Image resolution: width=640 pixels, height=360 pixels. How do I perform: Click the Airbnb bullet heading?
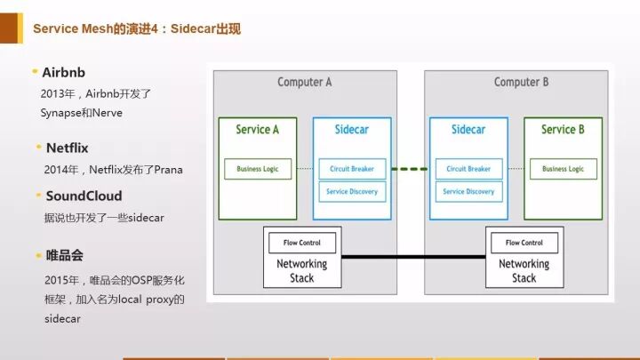63,71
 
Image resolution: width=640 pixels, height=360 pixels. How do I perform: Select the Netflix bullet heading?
68,147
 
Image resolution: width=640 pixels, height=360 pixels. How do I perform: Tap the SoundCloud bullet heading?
84,196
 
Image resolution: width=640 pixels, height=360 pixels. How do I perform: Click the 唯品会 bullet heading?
65,255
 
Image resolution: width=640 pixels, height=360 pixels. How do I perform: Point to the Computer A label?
305,83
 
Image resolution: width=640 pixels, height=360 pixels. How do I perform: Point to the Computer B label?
522,83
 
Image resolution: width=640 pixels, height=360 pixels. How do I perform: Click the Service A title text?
258,130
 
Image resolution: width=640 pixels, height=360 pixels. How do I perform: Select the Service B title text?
563,130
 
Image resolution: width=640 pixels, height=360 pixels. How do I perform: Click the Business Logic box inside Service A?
258,169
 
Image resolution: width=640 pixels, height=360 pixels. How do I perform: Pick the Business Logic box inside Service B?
563,169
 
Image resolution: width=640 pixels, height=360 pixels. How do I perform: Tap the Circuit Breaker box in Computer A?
352,169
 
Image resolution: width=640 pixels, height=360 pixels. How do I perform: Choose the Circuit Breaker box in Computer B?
468,169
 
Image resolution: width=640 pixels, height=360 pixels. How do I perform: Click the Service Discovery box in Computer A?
352,191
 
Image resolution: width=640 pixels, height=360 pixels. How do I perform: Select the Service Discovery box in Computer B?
468,191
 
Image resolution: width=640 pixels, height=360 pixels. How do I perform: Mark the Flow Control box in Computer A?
302,243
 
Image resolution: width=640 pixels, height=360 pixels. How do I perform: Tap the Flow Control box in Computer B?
524,243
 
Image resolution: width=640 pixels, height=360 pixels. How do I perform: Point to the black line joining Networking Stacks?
412,258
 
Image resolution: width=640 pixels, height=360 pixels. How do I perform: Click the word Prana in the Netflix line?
168,169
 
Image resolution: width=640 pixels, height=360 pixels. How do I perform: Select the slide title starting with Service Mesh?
137,28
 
